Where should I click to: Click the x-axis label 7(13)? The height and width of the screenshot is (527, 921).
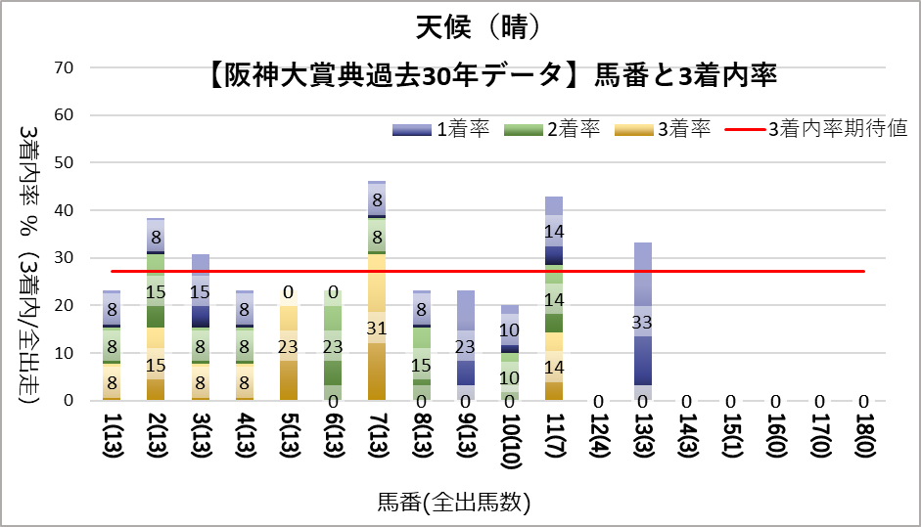pos(377,445)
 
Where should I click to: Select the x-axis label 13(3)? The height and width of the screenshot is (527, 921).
pos(642,445)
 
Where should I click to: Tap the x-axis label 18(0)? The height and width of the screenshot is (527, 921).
pos(863,445)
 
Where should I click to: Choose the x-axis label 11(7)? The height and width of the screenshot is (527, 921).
pos(554,445)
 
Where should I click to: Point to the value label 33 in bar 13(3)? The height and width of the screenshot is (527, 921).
pos(642,323)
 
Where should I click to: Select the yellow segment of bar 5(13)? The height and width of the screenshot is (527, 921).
pos(289,352)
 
